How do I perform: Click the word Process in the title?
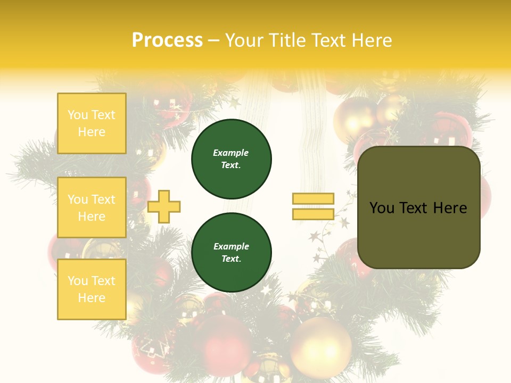[167, 40]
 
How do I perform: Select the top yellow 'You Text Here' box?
[92, 123]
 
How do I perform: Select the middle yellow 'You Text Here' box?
[92, 207]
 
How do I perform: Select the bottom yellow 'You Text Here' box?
[92, 289]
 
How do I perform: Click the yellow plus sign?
[164, 206]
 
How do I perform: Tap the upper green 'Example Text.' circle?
[232, 159]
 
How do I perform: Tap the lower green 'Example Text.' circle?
[232, 253]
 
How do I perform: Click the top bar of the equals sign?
[313, 198]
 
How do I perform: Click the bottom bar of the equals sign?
[313, 214]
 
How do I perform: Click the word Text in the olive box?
[417, 208]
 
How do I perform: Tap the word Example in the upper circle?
[230, 153]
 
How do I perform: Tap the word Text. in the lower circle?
[232, 259]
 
